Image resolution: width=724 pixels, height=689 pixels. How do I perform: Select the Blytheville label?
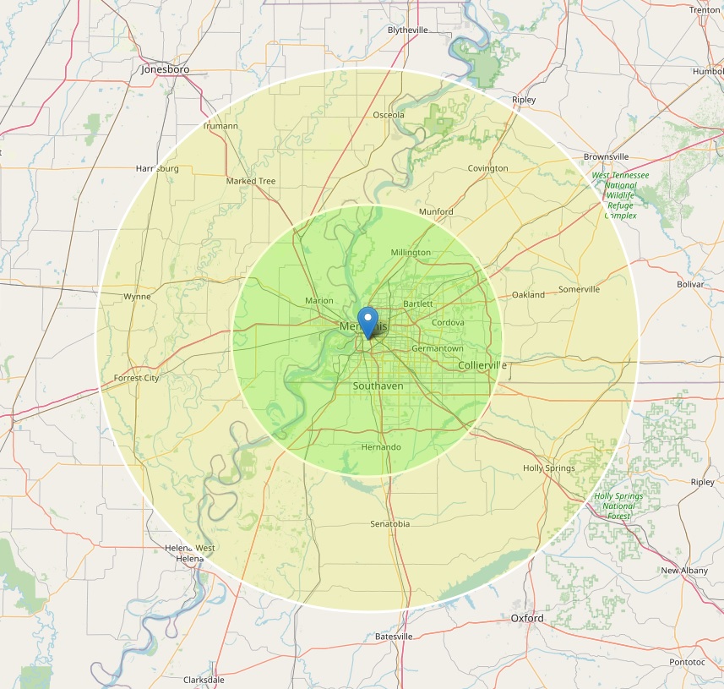pos(407,30)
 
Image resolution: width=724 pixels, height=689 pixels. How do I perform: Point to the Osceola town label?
pos(389,115)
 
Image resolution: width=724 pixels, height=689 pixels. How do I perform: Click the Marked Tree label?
pos(251,181)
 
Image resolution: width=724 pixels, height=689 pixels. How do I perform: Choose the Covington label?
pos(488,168)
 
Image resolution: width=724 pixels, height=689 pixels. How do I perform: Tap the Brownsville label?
pos(606,157)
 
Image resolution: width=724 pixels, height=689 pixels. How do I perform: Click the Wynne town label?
pos(137,297)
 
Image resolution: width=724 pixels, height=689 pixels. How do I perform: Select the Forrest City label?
pos(136,378)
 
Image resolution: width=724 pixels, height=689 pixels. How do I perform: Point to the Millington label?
pos(411,252)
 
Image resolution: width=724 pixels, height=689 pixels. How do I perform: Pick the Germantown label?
pos(438,348)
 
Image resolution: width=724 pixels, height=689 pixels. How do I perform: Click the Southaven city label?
pos(378,386)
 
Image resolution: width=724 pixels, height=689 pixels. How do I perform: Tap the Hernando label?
pos(381,447)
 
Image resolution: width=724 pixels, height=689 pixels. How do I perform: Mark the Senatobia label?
pos(389,524)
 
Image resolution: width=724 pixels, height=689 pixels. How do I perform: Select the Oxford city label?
pos(527,619)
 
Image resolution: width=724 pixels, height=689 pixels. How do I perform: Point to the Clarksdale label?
pos(204,680)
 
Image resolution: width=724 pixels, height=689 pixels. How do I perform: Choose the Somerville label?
pos(579,289)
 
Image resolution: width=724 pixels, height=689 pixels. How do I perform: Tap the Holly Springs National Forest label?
pos(618,506)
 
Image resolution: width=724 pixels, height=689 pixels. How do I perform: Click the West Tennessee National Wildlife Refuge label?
pos(620,195)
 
